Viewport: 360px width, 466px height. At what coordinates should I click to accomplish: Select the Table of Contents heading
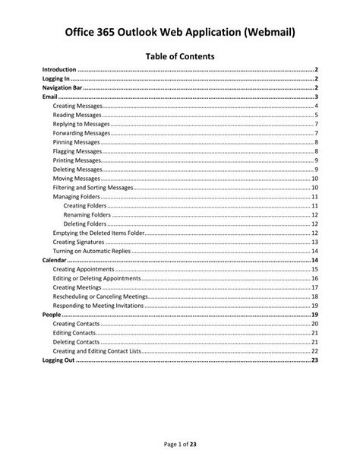(x=180, y=55)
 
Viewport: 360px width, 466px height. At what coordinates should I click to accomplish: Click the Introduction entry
(x=59, y=69)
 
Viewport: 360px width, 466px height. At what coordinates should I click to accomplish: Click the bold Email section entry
(x=49, y=97)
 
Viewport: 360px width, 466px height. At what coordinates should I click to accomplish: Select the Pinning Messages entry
(x=77, y=142)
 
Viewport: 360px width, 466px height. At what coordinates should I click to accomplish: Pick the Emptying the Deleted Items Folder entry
(x=99, y=233)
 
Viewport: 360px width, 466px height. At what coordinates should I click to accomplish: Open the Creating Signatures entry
(x=78, y=242)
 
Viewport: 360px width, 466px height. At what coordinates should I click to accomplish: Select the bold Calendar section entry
(x=53, y=260)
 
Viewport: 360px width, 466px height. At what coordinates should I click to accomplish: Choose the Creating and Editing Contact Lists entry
(x=97, y=351)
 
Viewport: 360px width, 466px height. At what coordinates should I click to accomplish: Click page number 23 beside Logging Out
(x=314, y=360)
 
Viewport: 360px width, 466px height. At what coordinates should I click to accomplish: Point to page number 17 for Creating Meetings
(x=314, y=287)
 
